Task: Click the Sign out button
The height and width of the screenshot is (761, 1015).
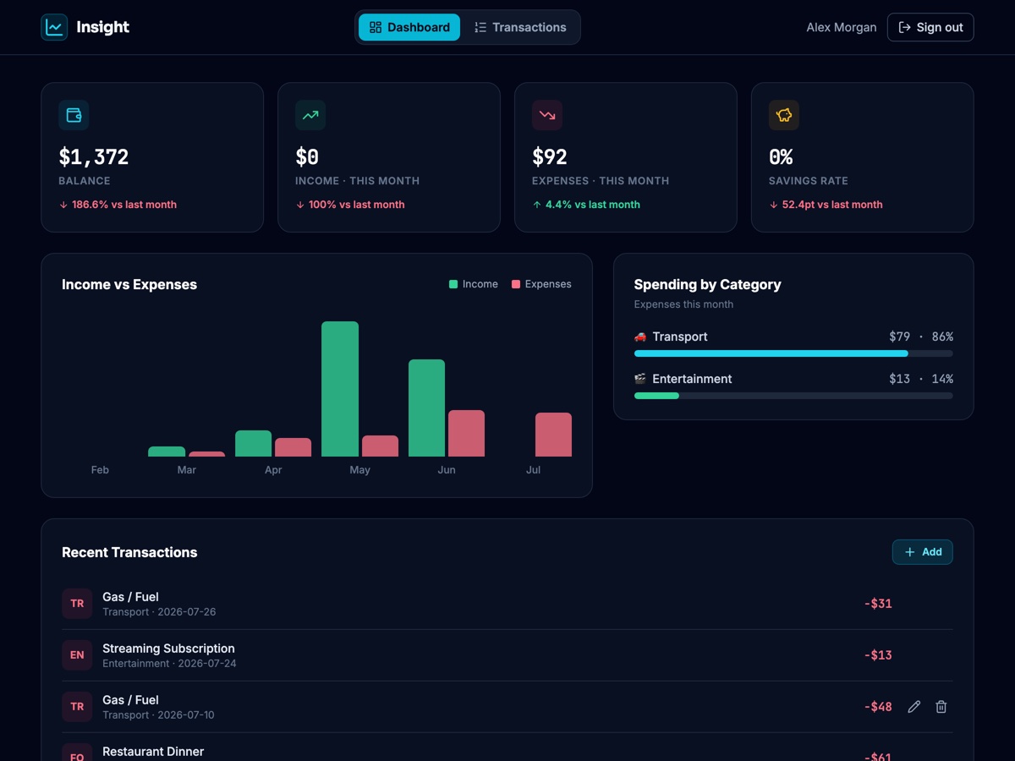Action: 930,27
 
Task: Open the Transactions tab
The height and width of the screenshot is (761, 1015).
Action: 520,27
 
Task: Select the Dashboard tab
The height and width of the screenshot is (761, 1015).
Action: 409,27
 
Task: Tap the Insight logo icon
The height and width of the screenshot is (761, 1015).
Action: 54,27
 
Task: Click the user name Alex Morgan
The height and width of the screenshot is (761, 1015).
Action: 841,27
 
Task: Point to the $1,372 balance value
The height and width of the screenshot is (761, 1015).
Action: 93,156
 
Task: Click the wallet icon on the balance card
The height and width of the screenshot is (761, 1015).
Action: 74,115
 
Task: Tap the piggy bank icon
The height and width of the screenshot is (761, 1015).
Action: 784,115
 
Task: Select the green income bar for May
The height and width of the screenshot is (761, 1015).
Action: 340,389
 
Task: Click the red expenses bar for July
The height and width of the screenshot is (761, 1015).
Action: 553,435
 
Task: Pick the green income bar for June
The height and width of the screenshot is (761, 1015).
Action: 426,408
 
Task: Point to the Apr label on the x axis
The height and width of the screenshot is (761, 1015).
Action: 273,469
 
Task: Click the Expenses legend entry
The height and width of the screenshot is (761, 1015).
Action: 541,284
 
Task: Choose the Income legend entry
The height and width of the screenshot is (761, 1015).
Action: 474,284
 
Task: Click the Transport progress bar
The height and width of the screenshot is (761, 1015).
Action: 793,353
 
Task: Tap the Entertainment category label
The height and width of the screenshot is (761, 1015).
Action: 692,379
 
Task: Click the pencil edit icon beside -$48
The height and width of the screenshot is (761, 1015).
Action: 913,707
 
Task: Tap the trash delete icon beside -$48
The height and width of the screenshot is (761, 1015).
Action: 941,707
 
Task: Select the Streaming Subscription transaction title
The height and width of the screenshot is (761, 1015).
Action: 168,649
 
